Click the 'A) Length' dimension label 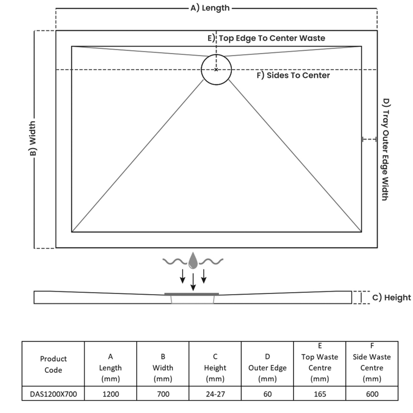pos(210,8)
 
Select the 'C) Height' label pos(391,297)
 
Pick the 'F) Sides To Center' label pos(293,75)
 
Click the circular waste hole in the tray pos(216,69)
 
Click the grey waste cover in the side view pos(192,294)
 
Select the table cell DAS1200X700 pos(53,394)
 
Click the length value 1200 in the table pos(110,394)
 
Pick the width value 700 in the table pos(163,394)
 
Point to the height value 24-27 pos(215,394)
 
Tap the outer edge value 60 pos(267,394)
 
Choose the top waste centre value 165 pos(320,394)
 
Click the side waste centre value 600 pos(372,394)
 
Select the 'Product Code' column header pos(53,364)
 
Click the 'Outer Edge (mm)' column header pos(267,368)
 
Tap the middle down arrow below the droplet pos(193,281)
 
